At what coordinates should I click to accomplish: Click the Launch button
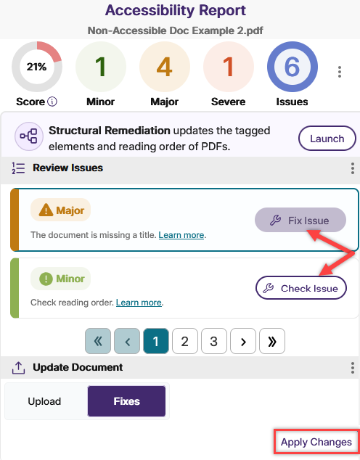[327, 139]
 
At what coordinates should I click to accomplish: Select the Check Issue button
[301, 288]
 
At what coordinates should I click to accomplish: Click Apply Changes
[316, 442]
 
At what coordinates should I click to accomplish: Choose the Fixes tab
[126, 401]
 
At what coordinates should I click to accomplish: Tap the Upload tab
[44, 401]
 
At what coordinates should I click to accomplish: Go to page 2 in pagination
[185, 341]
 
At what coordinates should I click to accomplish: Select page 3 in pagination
[214, 341]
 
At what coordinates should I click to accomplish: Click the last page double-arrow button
[272, 341]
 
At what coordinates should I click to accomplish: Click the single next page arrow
[243, 341]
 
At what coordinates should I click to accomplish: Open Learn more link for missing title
[181, 235]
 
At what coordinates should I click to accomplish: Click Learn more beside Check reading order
[139, 303]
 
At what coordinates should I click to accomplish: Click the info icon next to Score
[52, 102]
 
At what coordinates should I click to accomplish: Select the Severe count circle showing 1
[228, 67]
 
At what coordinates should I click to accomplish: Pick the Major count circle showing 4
[165, 67]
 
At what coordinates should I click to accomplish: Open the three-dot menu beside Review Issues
[352, 168]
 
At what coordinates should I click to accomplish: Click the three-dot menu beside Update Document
[352, 368]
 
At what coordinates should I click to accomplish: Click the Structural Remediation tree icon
[29, 136]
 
